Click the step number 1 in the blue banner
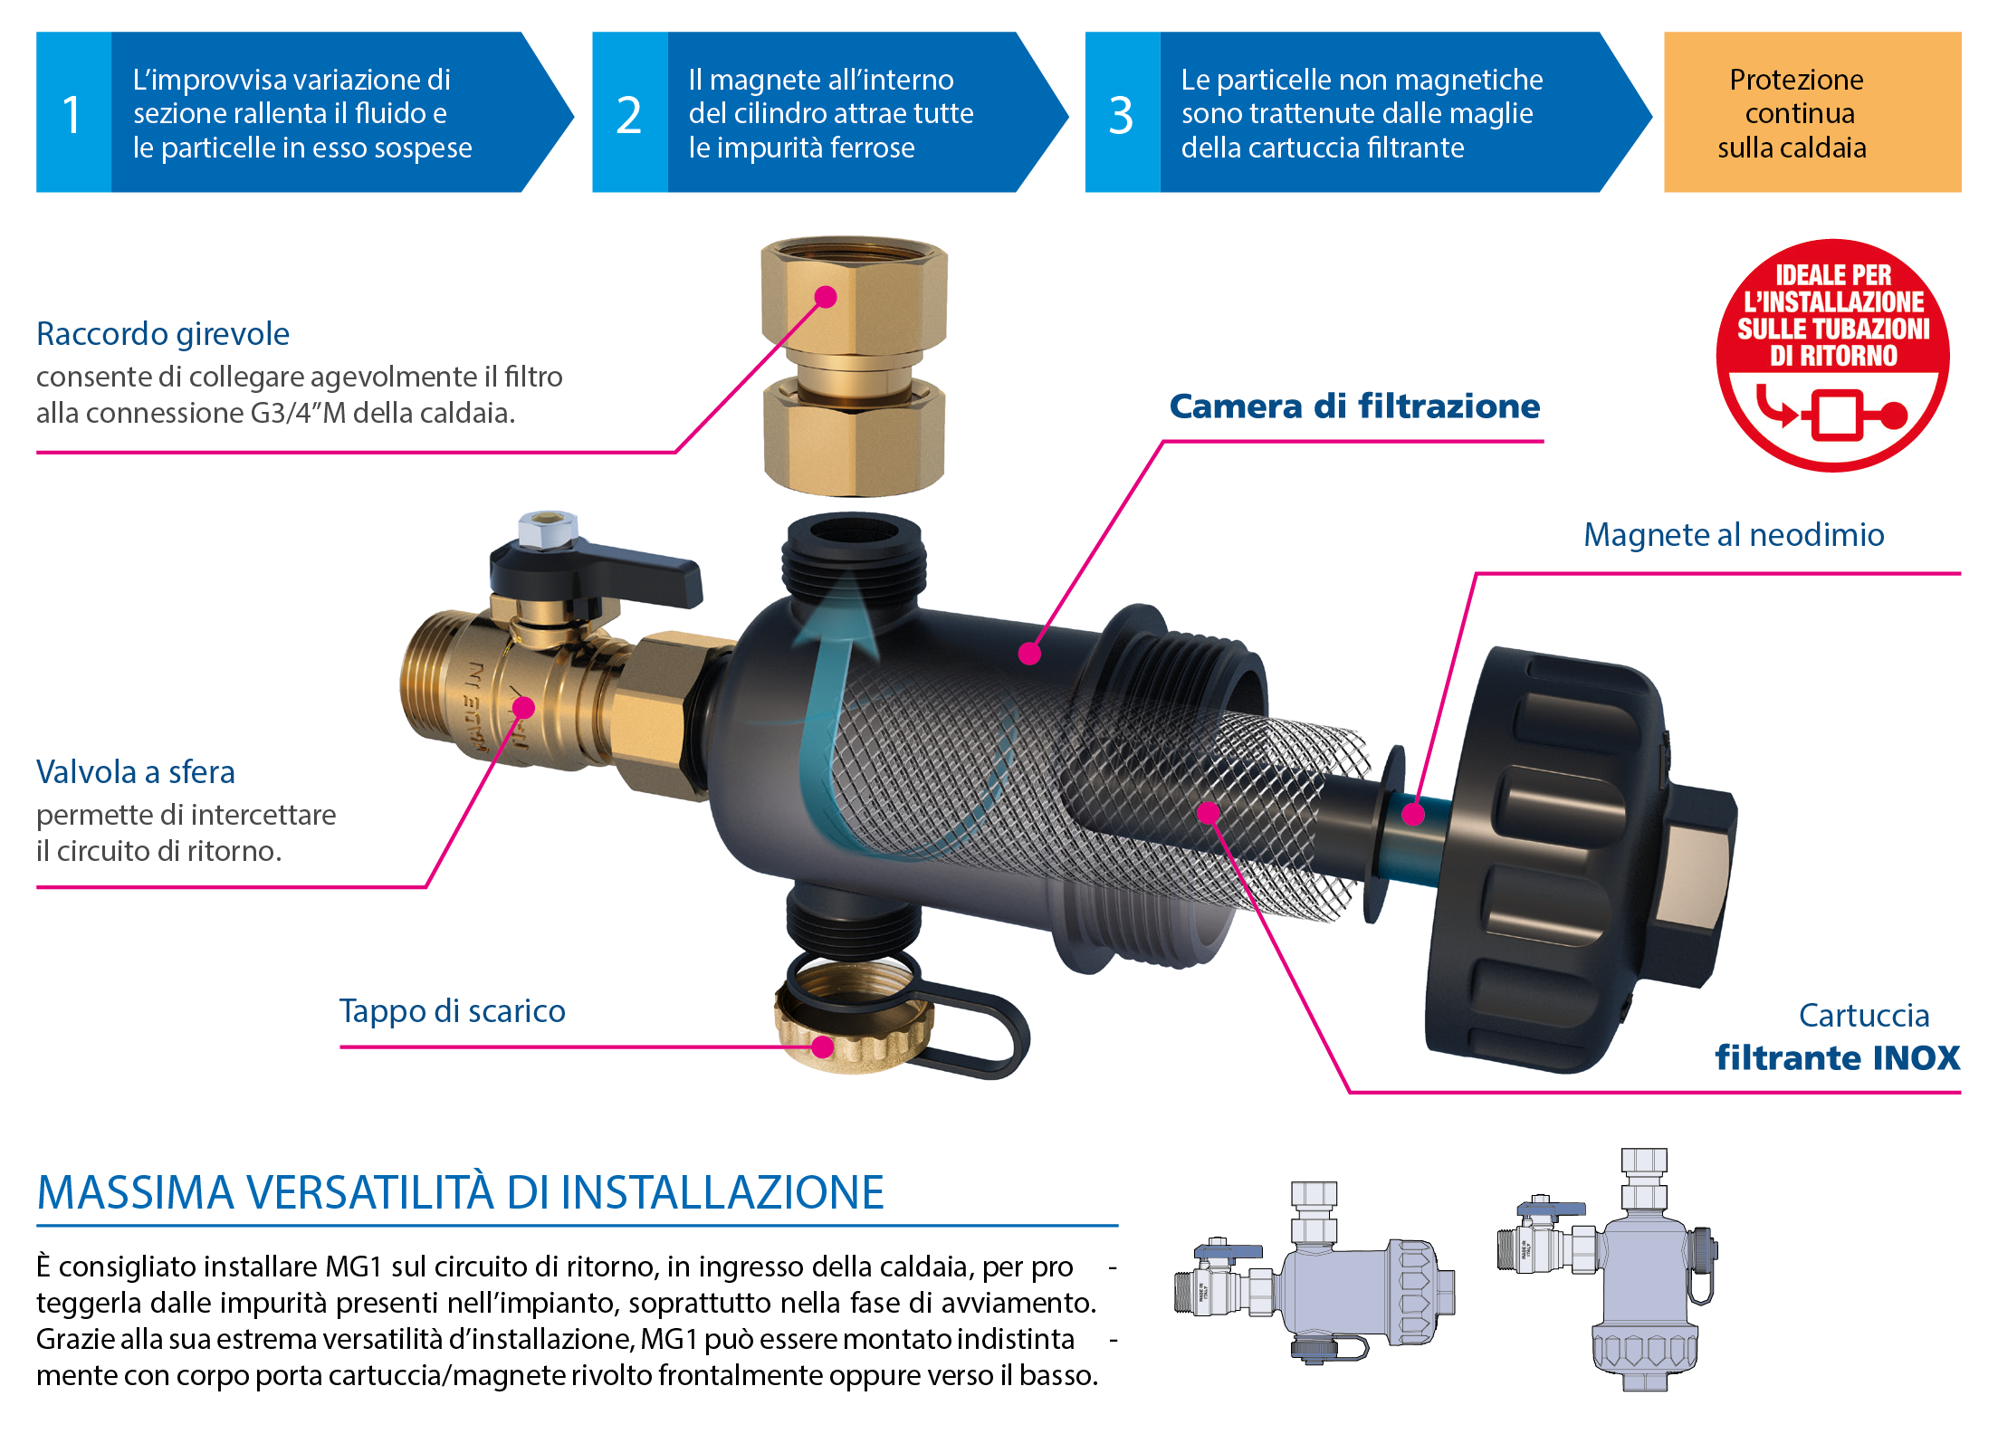[72, 115]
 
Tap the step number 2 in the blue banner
[628, 115]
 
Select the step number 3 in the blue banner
[1121, 115]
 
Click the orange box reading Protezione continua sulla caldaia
[1812, 112]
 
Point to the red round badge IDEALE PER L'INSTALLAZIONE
[1833, 355]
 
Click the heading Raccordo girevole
[163, 334]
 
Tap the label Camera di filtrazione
[1354, 406]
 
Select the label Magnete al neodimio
[1734, 535]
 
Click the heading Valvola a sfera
[136, 772]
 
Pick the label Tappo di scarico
[453, 1011]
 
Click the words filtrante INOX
[1838, 1057]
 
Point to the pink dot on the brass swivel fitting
[826, 297]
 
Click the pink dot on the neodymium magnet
[1413, 814]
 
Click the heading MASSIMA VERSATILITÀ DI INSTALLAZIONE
[461, 1192]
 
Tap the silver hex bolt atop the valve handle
[548, 529]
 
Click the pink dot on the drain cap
[822, 1047]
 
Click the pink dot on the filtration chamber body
[1029, 654]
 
